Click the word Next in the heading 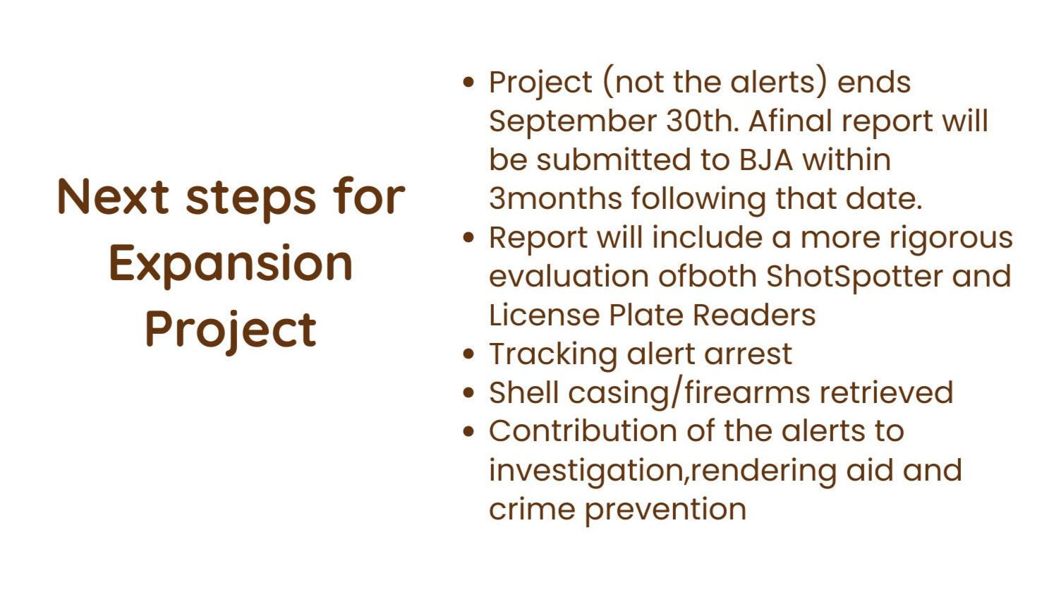[113, 196]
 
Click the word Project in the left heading [231, 330]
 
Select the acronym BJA [766, 160]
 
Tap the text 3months [556, 198]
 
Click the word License [545, 315]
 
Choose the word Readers [754, 315]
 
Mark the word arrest [748, 355]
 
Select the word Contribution [583, 432]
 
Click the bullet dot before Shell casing [468, 392]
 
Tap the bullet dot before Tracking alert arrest [468, 354]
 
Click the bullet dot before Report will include [468, 237]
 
